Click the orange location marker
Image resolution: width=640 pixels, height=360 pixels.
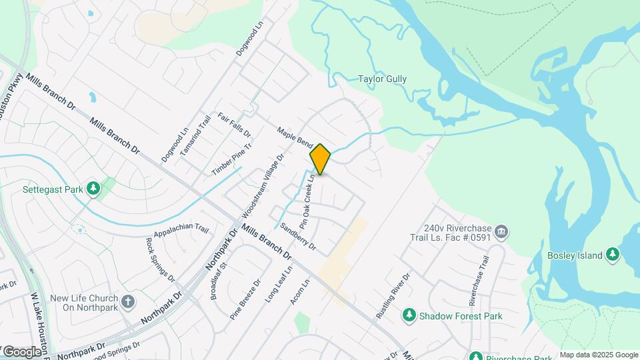[x=320, y=159]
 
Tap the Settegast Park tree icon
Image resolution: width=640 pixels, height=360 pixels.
[x=93, y=189]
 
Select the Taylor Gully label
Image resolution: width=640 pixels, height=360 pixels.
[x=382, y=79]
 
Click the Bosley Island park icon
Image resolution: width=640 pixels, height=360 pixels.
[x=613, y=255]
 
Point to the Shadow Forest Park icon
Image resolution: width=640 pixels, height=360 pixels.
[x=409, y=316]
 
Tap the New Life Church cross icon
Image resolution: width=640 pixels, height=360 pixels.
[x=129, y=302]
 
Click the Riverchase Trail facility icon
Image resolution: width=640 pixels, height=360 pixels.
[x=502, y=232]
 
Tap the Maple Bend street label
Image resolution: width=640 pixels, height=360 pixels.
[x=295, y=138]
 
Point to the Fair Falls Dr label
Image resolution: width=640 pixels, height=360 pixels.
[x=234, y=124]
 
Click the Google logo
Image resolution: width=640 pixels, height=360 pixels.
[x=21, y=351]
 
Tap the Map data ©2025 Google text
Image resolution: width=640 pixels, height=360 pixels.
[x=599, y=355]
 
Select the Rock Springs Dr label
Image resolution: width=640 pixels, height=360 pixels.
[x=159, y=259]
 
